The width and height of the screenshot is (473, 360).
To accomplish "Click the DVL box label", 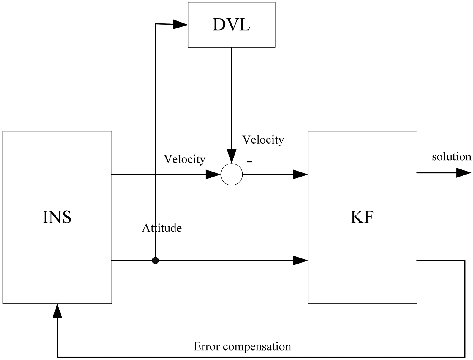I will (231, 25).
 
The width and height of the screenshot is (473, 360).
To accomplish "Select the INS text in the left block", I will (57, 217).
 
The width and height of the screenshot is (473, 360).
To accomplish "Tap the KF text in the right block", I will (362, 217).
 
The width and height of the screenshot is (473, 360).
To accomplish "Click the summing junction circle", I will (232, 175).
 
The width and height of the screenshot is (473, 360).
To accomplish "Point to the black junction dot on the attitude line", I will (155, 261).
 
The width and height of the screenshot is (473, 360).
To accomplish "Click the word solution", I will (451, 156).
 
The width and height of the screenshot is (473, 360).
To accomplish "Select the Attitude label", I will (162, 228).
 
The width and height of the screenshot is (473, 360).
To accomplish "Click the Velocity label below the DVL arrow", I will (263, 139).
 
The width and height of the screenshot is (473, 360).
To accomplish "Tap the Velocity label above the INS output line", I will (185, 159).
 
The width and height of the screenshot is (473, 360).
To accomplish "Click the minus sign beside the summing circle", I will (250, 161).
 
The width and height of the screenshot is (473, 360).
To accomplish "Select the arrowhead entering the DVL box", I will (180, 25).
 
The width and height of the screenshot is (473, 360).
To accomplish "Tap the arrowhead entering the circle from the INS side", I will (213, 175).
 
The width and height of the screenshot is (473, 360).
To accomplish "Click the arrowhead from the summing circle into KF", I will (300, 175).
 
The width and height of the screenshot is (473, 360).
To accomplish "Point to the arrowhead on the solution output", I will (463, 172).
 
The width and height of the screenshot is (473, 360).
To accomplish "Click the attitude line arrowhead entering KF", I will (300, 261).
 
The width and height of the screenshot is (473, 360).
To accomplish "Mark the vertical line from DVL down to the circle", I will (232, 98).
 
